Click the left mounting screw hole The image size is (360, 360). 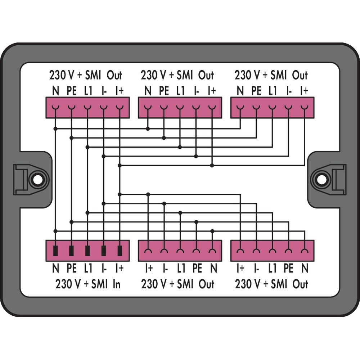coord(37,179)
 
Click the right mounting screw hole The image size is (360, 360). coord(321,179)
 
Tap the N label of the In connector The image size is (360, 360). coord(55,268)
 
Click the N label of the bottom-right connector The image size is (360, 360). coord(305,268)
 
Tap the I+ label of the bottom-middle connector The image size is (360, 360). coord(148,268)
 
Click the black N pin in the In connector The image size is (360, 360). coord(55,251)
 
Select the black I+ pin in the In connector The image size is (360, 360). coord(120,251)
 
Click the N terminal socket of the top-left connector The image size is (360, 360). coord(55,107)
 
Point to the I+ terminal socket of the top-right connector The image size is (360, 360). coord(305,107)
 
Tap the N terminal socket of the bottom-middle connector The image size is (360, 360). coord(212,251)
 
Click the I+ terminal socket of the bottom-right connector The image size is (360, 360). coord(240,251)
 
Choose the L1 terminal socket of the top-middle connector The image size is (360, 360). coord(180,107)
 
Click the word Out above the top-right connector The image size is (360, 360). coord(300,76)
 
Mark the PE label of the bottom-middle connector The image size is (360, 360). coord(197,268)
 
